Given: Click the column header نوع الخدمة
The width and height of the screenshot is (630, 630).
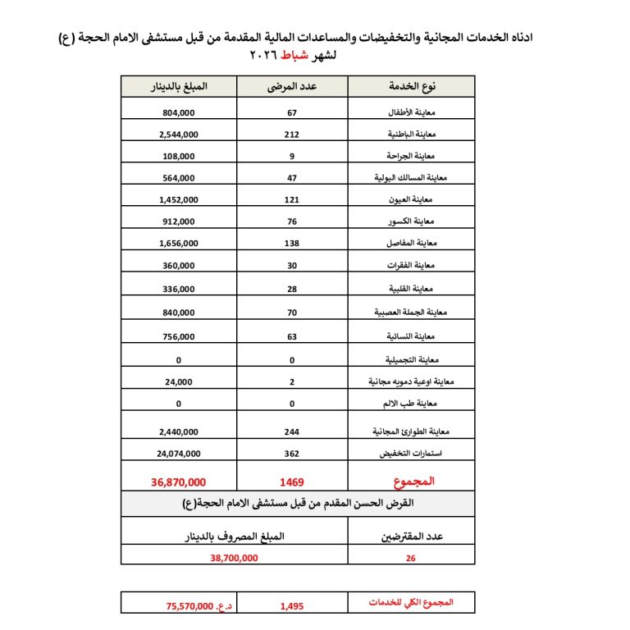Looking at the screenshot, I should click(411, 86).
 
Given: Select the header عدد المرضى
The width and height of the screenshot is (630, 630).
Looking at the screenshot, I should click(292, 86).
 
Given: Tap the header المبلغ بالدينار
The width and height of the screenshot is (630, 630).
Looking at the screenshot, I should click(178, 86).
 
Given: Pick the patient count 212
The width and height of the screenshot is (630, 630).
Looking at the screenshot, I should click(291, 135).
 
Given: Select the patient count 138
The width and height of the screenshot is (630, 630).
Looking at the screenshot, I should click(291, 244).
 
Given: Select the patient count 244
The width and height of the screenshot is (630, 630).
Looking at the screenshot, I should click(291, 431).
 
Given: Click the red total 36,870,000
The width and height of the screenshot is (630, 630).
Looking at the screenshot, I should click(178, 482).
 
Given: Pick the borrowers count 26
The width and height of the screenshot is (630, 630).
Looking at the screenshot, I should click(411, 557).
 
